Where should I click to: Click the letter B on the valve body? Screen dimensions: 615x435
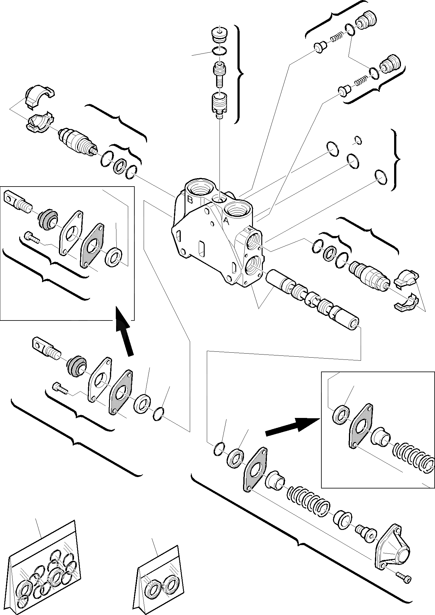click(x=190, y=200)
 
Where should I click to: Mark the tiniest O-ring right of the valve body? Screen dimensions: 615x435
click(x=358, y=140)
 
